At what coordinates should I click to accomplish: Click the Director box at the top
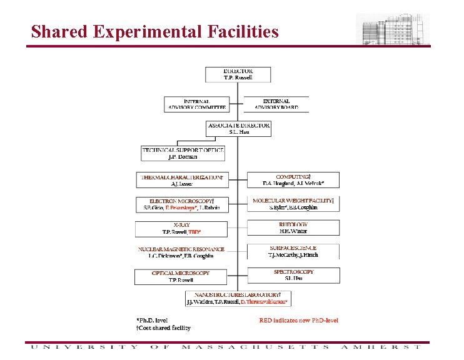(238, 74)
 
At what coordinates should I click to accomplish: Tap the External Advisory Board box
(276, 104)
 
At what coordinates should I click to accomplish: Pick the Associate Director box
(239, 128)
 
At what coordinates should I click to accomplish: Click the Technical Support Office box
(183, 153)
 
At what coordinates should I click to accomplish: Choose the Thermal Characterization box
(181, 180)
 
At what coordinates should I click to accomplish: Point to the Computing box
(293, 180)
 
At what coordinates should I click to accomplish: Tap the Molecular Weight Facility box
(293, 203)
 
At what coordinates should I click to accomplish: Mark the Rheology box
(293, 227)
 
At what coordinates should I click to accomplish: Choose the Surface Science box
(293, 251)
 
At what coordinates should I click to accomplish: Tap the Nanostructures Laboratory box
(237, 297)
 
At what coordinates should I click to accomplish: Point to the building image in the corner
(393, 29)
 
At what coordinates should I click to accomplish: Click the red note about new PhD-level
(299, 321)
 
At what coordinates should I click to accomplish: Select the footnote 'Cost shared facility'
(164, 327)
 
